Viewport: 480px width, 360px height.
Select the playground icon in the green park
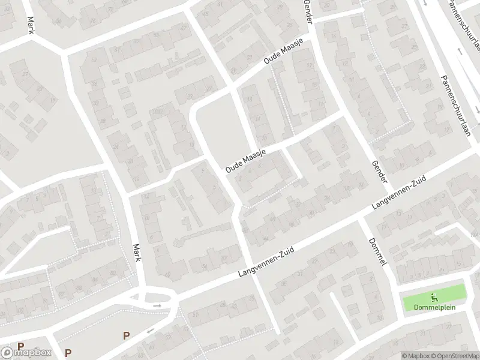(x=434, y=296)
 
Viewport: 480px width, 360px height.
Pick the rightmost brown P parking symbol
(x=126, y=335)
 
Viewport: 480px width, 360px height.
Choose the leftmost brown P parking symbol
(x=20, y=346)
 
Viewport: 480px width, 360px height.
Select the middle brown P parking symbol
(x=68, y=353)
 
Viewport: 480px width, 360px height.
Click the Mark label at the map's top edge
(x=29, y=25)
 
